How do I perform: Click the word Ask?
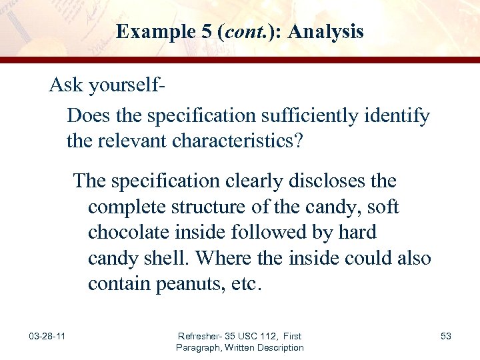65,85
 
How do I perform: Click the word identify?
397,116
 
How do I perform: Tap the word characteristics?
241,141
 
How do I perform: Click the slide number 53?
446,336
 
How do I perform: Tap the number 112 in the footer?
275,336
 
